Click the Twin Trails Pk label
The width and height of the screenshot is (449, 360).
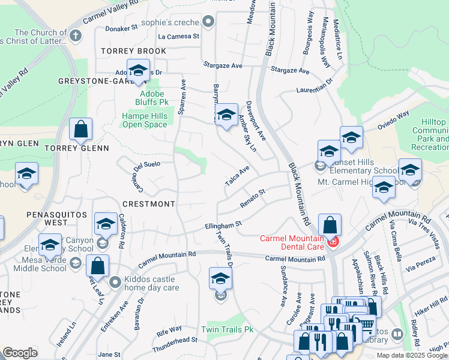[228, 329]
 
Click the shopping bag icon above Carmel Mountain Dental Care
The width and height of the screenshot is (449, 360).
[330, 226]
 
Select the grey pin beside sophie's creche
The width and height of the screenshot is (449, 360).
[208, 23]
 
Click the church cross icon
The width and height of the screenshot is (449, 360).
[75, 36]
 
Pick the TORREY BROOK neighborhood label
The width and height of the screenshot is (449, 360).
[133, 51]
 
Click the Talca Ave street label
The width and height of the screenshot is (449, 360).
[237, 176]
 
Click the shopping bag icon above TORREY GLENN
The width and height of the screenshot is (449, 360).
[80, 129]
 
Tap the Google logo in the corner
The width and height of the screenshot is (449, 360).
[20, 353]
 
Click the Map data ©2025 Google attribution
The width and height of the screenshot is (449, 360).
[411, 355]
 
